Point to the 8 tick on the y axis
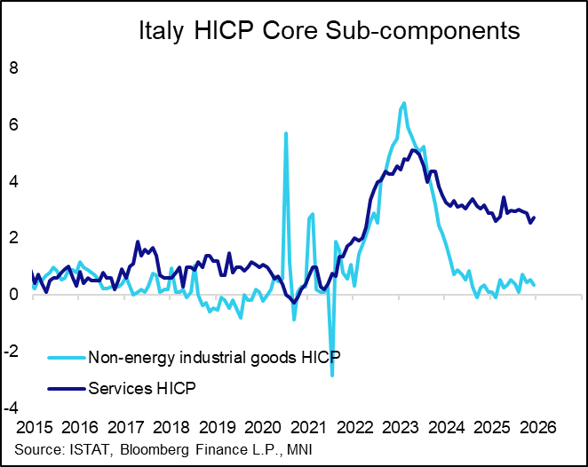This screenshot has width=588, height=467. coord(12,67)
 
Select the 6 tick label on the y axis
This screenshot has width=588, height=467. coord(12,124)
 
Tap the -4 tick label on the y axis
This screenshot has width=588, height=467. coord(10,408)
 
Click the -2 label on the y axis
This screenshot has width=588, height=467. coord(10,352)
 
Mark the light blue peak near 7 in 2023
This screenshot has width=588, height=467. coord(404,103)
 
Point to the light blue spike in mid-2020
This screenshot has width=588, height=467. coord(285,133)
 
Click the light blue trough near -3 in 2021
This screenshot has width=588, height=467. coord(332,376)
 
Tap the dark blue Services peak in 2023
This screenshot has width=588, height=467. coord(413,149)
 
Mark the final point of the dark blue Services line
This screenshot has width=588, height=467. coord(535,218)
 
